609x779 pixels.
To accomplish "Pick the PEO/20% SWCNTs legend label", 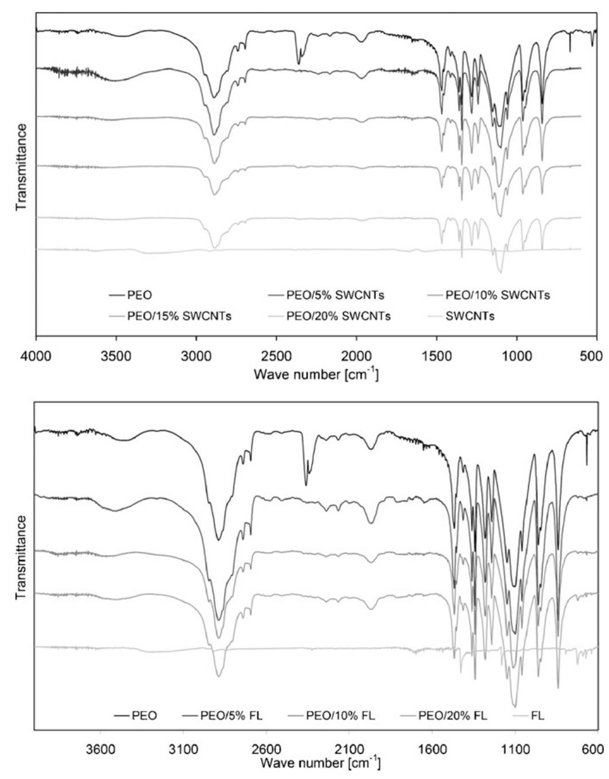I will pyautogui.click(x=339, y=315).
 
